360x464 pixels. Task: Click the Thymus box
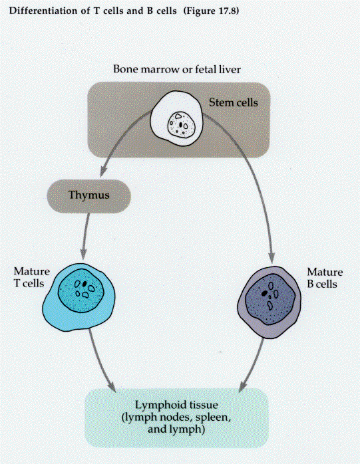click(x=89, y=196)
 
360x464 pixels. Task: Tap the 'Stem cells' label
click(x=233, y=102)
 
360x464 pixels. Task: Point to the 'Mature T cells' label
click(x=31, y=277)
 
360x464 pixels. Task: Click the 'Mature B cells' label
click(x=325, y=278)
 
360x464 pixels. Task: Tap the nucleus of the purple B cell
click(x=271, y=299)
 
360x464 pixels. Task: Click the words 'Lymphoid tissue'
click(x=176, y=405)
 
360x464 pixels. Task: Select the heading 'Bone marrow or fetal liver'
click(x=177, y=69)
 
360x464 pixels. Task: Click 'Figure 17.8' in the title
click(x=211, y=11)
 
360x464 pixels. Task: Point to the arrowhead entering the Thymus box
click(x=103, y=172)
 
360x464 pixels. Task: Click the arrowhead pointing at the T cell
click(x=84, y=254)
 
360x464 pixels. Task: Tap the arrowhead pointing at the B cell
click(x=271, y=257)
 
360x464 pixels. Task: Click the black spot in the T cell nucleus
click(x=85, y=283)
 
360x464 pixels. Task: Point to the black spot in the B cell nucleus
click(x=265, y=293)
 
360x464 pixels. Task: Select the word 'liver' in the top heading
click(x=230, y=69)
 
